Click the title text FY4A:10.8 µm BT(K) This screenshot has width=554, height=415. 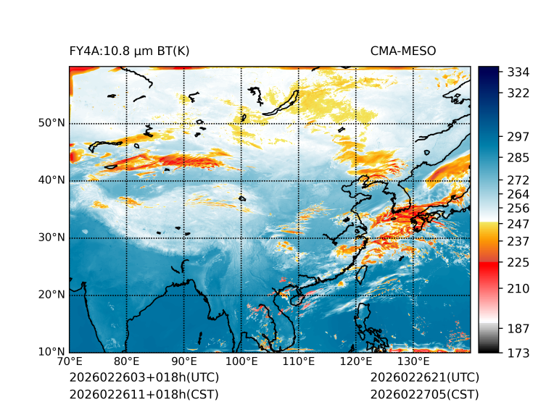click(130, 51)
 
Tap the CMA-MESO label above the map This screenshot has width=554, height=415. click(403, 51)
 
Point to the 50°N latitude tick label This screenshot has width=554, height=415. click(51, 122)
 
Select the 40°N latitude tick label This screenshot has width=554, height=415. click(51, 180)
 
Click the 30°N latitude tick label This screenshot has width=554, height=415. click(51, 238)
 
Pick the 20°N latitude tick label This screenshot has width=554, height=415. click(51, 295)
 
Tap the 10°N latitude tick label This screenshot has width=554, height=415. click(51, 352)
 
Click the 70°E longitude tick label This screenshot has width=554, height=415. click(70, 361)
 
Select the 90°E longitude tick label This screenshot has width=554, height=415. click(184, 361)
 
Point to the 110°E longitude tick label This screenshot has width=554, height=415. click(299, 361)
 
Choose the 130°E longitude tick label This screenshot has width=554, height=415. click(413, 361)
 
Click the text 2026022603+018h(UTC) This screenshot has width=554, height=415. click(144, 377)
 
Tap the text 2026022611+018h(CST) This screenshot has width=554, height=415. click(144, 394)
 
